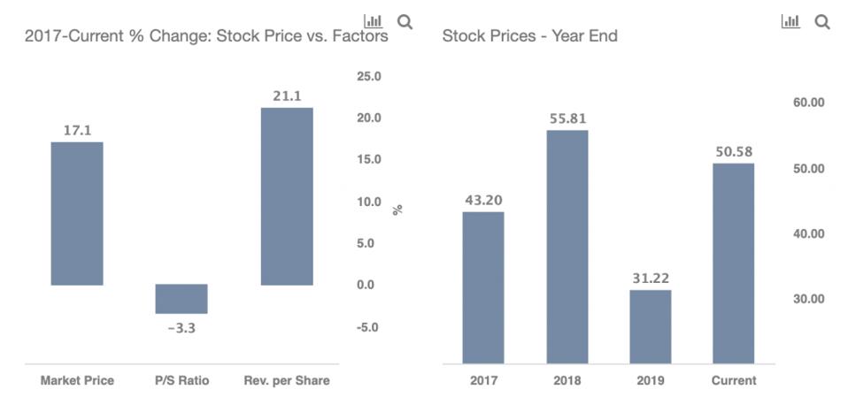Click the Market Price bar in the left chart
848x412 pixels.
pyautogui.click(x=77, y=213)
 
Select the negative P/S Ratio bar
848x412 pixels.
pyautogui.click(x=181, y=299)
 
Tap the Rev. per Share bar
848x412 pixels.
pyautogui.click(x=286, y=195)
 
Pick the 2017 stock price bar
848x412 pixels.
pyautogui.click(x=483, y=287)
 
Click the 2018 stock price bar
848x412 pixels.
pyautogui.click(x=567, y=247)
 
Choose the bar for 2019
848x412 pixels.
pyautogui.click(x=651, y=326)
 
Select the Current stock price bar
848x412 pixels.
pyautogui.click(x=734, y=263)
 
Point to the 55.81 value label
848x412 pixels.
pyautogui.click(x=567, y=118)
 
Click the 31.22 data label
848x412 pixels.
pyautogui.click(x=651, y=278)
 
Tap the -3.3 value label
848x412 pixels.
pyautogui.click(x=181, y=328)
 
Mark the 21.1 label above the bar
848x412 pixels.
pyautogui.click(x=286, y=95)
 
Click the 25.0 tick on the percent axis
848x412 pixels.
pyautogui.click(x=369, y=77)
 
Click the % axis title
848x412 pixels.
pyautogui.click(x=397, y=210)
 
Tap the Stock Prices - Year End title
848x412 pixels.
pyautogui.click(x=529, y=36)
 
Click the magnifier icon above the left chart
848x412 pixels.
pyautogui.click(x=405, y=20)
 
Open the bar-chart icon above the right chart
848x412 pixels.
pyautogui.click(x=790, y=21)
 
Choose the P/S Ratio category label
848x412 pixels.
pyautogui.click(x=181, y=381)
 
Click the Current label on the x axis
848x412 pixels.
pyautogui.click(x=734, y=381)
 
